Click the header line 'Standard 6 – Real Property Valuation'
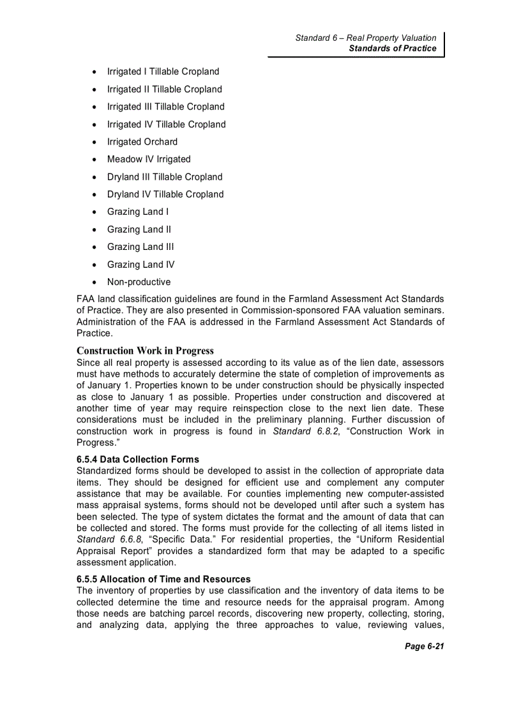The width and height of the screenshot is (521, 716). coord(365,38)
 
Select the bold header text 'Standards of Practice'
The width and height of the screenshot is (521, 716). coord(392,48)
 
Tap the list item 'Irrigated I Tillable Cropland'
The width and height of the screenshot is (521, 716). coord(163,71)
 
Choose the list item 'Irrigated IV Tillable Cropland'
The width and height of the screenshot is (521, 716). coord(166,124)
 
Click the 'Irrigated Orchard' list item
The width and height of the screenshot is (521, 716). coord(142,142)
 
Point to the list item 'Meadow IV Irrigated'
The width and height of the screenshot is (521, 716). coord(149,159)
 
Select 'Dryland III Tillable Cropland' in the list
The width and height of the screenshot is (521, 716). coord(165,177)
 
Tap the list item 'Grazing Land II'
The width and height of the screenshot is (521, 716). coord(139,230)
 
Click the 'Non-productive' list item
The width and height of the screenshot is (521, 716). coord(139,282)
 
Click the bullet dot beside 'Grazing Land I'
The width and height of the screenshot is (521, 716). coord(94,212)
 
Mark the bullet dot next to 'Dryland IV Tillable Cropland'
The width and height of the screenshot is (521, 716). coord(94,195)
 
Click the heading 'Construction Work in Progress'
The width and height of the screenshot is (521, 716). coord(145,351)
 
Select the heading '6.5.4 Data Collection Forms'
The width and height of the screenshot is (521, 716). coord(137,459)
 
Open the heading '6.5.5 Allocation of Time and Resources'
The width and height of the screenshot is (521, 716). coord(163,579)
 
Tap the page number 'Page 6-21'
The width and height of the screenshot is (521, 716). coord(424,647)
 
